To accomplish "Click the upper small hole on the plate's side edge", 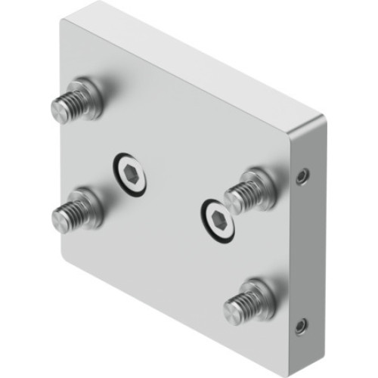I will pyautogui.click(x=302, y=175).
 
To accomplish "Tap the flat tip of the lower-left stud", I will pyautogui.click(x=57, y=220).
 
